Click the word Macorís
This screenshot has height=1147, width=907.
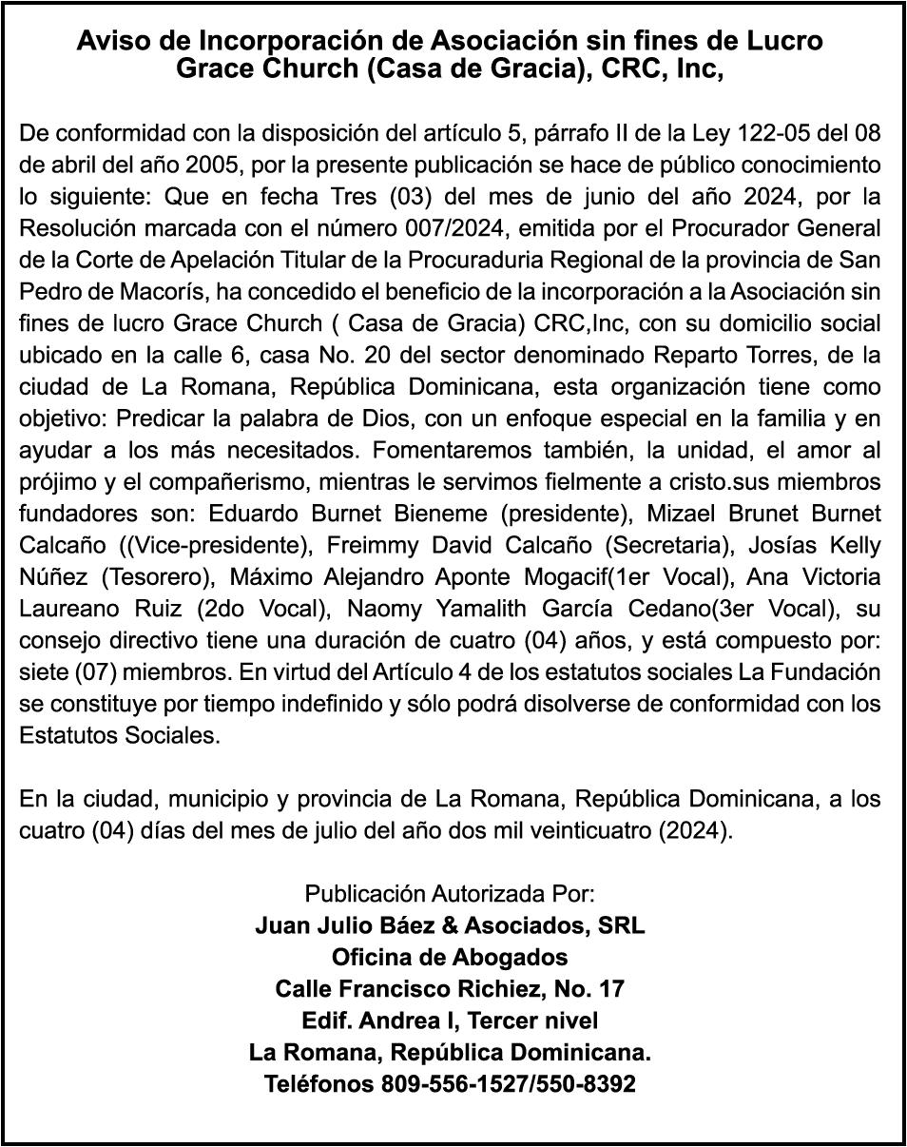pos(136,291)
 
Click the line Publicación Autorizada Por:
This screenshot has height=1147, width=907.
pos(450,894)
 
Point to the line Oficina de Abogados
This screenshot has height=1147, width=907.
pos(450,957)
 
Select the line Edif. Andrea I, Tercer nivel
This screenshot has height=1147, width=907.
pos(450,1021)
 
